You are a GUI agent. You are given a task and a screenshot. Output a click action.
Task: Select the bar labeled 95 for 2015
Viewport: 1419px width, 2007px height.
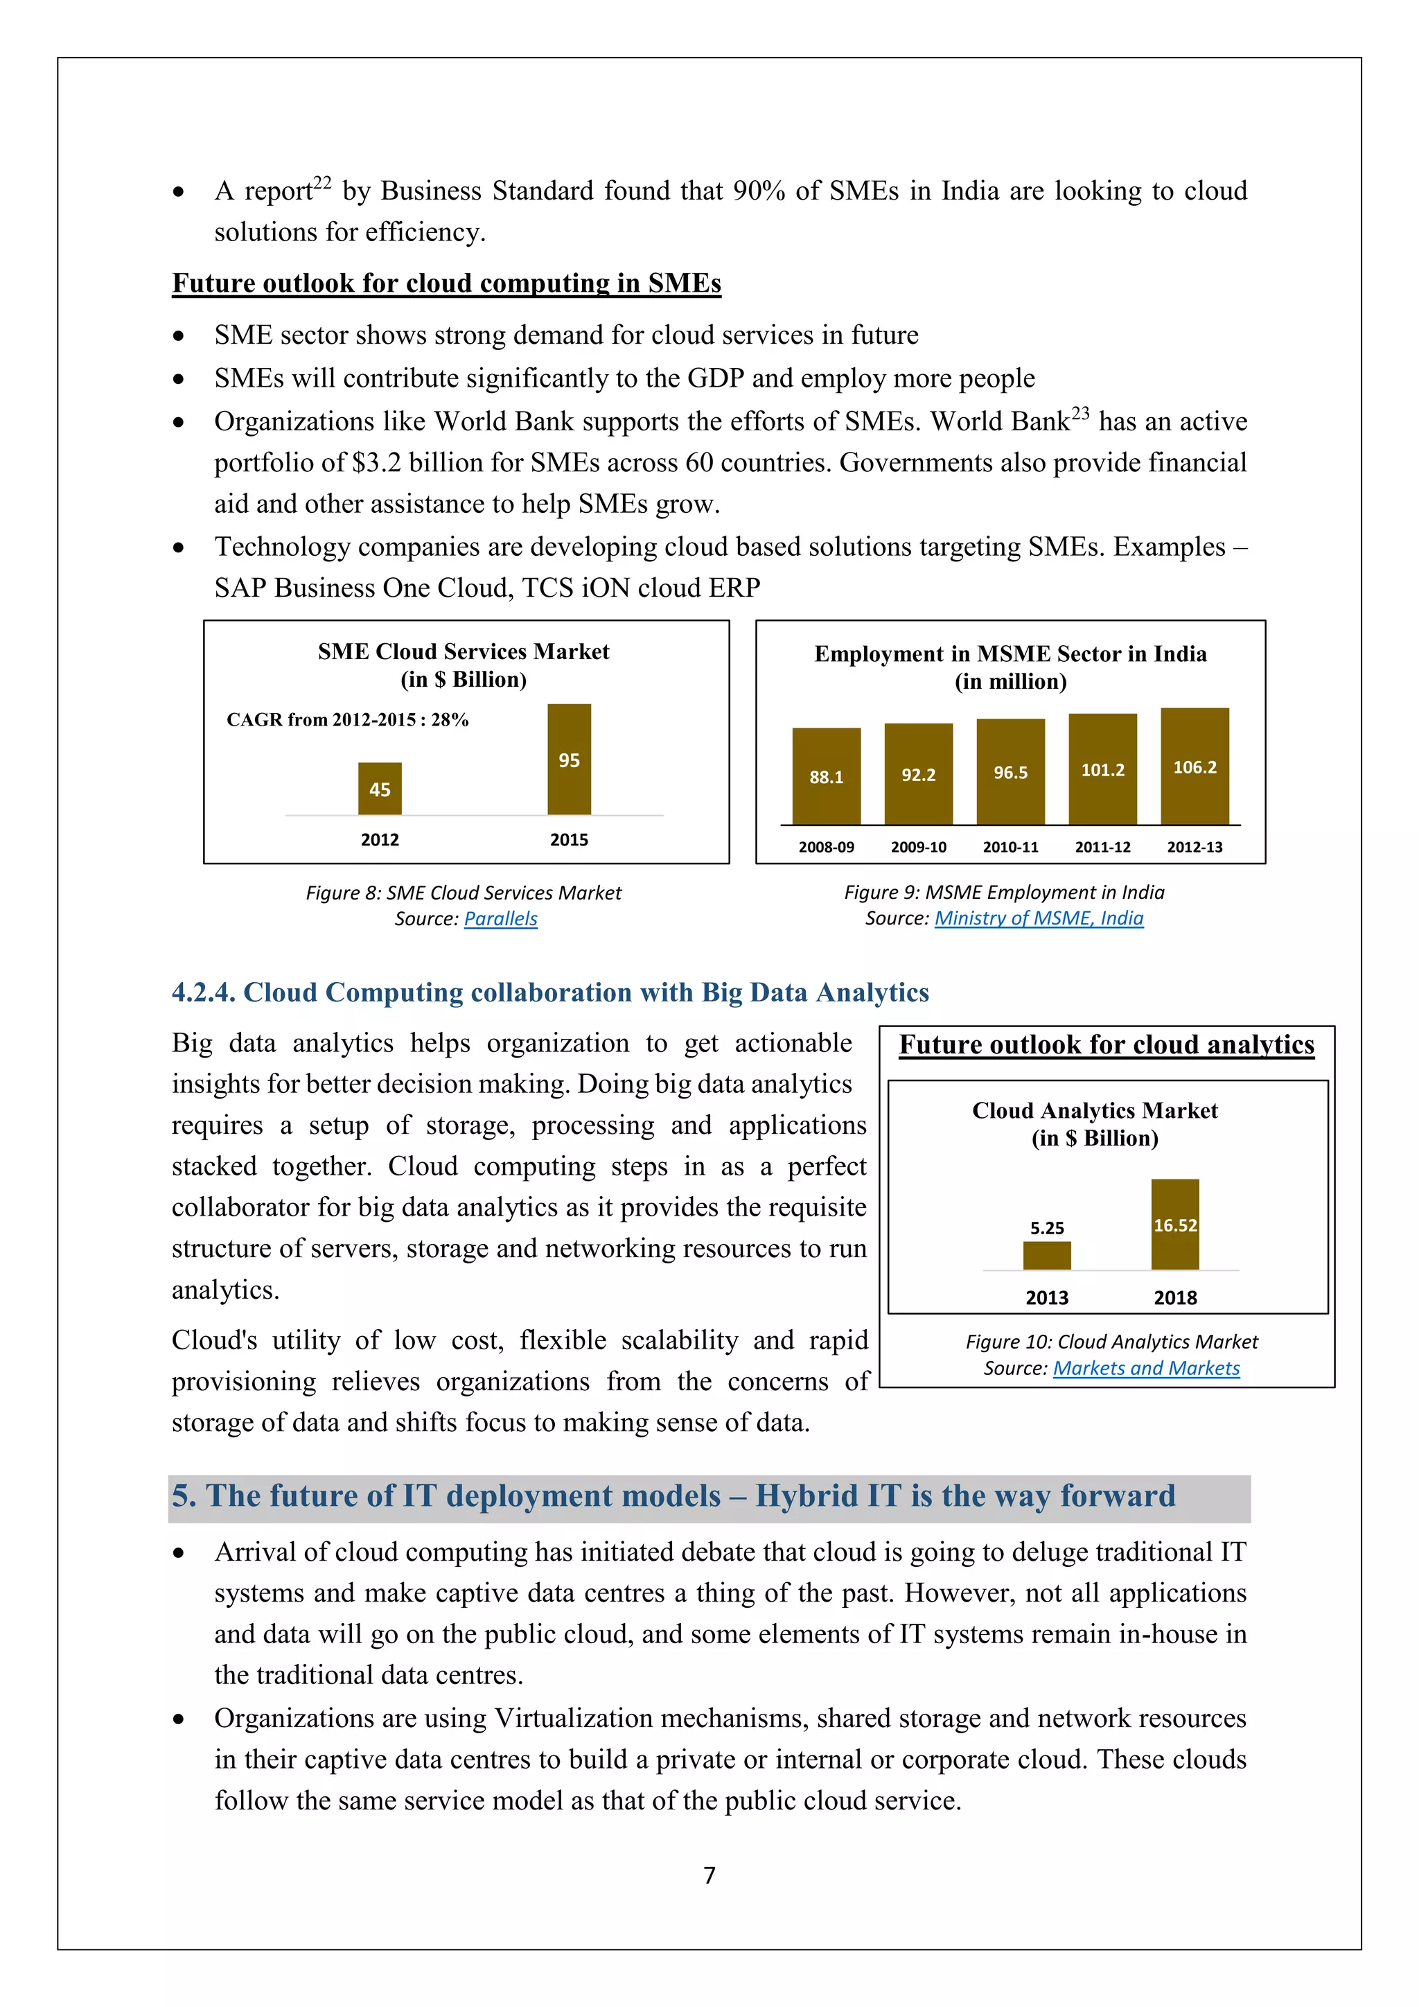pyautogui.click(x=569, y=759)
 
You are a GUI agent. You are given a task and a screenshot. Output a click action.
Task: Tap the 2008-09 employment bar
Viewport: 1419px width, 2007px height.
pyautogui.click(x=826, y=775)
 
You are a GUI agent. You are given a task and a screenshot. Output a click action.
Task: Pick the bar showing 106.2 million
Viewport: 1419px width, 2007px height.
pyautogui.click(x=1195, y=766)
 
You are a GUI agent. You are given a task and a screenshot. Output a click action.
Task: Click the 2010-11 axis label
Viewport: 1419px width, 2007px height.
pyautogui.click(x=1010, y=847)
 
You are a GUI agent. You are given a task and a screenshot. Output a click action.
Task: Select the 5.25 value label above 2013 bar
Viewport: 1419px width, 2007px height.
pyautogui.click(x=1047, y=1228)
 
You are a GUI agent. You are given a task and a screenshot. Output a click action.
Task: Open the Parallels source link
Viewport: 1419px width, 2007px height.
pyautogui.click(x=501, y=919)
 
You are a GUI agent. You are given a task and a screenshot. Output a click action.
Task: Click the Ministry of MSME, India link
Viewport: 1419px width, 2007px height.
pyautogui.click(x=1039, y=918)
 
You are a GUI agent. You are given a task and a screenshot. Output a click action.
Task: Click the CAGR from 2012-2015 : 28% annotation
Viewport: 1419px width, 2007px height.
pyautogui.click(x=348, y=719)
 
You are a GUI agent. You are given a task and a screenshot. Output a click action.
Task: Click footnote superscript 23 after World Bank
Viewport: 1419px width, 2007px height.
pyautogui.click(x=1081, y=412)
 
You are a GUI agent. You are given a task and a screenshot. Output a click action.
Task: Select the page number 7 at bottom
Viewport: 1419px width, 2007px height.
pyautogui.click(x=709, y=1875)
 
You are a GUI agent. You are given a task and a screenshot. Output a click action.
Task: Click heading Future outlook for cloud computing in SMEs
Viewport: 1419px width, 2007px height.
pyautogui.click(x=446, y=283)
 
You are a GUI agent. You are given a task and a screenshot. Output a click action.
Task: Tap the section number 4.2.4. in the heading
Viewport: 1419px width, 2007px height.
pyautogui.click(x=203, y=992)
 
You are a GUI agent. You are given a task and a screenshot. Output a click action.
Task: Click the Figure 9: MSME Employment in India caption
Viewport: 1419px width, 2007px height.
pyautogui.click(x=1003, y=893)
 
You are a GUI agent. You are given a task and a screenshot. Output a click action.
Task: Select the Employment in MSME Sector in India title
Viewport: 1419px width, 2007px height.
pyautogui.click(x=1010, y=654)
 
